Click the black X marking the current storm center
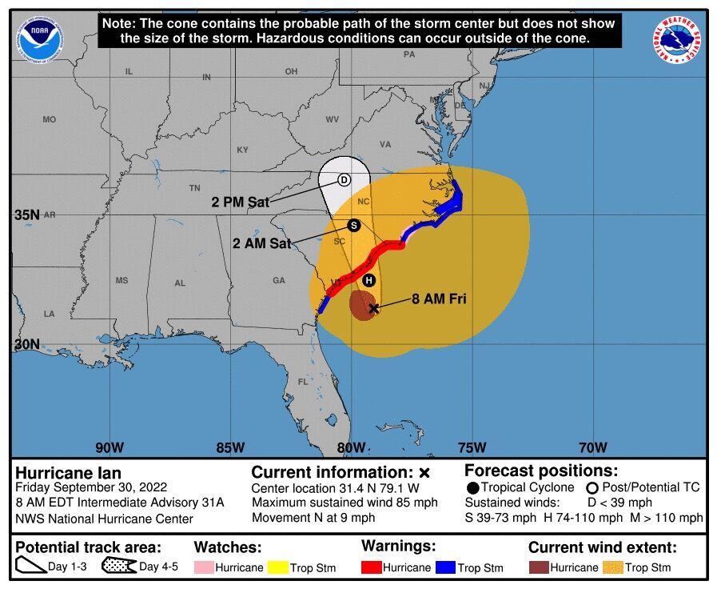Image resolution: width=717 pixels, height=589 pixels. (x=373, y=307)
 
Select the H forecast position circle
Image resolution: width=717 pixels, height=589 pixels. (x=368, y=280)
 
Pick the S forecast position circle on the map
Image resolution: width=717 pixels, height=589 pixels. (x=354, y=226)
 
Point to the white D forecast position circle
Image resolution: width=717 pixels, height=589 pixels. (x=344, y=180)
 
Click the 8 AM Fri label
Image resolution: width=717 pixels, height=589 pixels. (x=439, y=299)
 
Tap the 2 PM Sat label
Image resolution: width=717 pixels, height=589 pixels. (x=240, y=202)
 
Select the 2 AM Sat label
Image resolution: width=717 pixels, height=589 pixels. (x=261, y=242)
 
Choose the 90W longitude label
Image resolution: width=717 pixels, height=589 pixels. (x=110, y=447)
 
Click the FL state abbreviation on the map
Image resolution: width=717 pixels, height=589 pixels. (x=303, y=382)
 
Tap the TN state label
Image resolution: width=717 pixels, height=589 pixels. (x=194, y=188)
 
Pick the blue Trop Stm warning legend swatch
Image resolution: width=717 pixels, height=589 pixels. (x=445, y=567)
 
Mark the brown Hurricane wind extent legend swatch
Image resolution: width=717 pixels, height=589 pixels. (x=538, y=567)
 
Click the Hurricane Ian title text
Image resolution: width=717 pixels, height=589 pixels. (x=69, y=473)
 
